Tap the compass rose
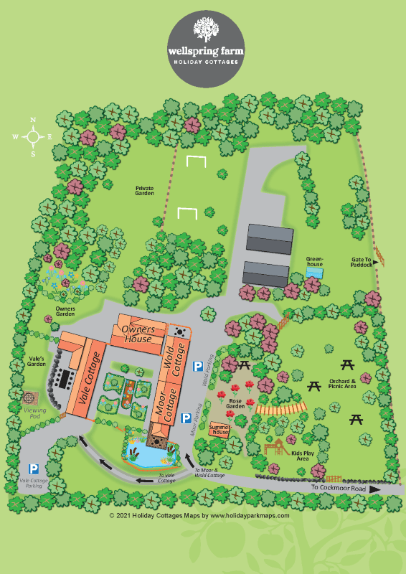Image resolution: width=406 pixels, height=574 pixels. pos(32,136)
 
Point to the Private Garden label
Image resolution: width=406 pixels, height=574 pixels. pos(145,190)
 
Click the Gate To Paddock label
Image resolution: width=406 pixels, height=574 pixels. pos(361,262)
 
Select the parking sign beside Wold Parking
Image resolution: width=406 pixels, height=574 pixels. pos(197,367)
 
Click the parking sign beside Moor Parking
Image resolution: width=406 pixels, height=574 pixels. pos(185,417)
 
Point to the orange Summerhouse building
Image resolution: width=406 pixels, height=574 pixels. pos(219,430)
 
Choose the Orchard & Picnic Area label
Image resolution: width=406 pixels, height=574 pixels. pos(340,382)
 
